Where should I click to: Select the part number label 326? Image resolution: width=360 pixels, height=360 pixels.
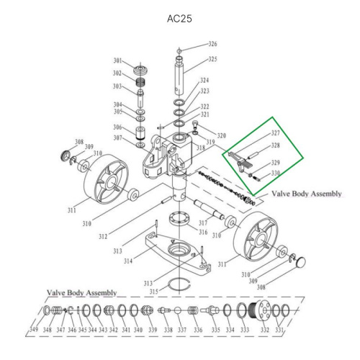(212, 45)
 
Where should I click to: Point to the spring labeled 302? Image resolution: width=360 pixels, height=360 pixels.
(141, 74)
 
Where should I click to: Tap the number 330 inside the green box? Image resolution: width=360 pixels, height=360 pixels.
(274, 174)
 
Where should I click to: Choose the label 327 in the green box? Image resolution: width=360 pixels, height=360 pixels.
(274, 133)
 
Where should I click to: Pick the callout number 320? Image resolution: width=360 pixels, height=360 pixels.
(221, 135)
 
